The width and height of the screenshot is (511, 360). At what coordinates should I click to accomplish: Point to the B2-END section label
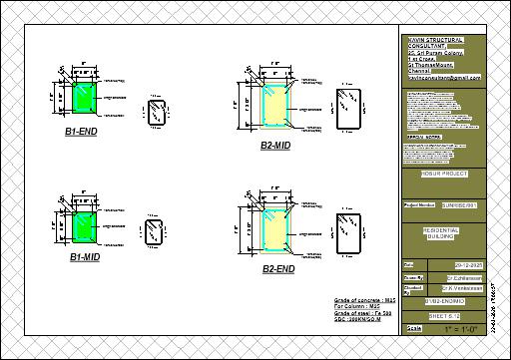(278, 269)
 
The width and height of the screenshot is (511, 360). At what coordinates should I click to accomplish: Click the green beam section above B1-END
(84, 98)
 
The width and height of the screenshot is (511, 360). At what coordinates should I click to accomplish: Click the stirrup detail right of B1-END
(155, 112)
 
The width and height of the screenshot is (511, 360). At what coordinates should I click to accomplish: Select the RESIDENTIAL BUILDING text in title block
(443, 232)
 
